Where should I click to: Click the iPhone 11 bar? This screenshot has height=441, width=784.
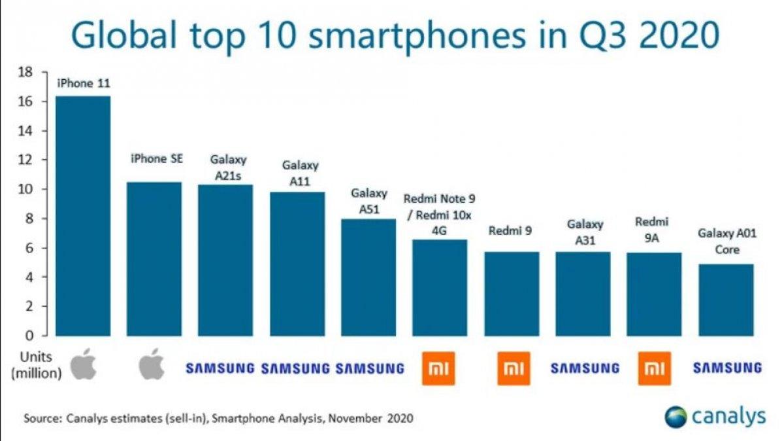(x=83, y=216)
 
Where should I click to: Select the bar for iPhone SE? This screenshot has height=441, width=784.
(x=154, y=258)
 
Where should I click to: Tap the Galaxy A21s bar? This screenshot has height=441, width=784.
(x=225, y=260)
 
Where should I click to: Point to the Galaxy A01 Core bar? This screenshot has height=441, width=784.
(x=726, y=300)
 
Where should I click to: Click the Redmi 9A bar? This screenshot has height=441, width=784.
(x=654, y=294)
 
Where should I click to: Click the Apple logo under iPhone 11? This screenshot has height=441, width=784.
(x=84, y=364)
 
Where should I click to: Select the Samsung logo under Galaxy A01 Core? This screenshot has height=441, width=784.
(x=727, y=368)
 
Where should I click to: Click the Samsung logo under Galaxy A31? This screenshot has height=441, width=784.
(x=585, y=368)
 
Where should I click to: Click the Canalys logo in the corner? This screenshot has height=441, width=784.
(x=715, y=417)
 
